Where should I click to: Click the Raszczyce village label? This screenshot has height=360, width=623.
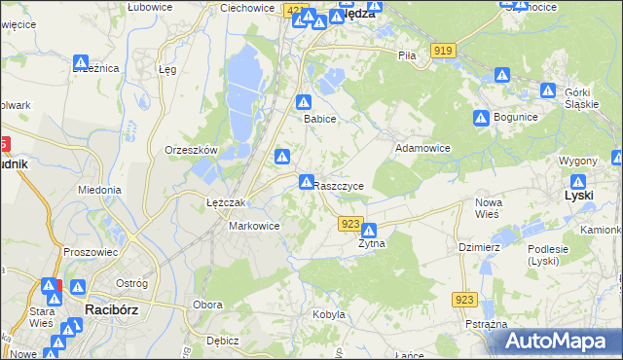coord(340,185)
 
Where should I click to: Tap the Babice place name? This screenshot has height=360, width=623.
coord(319,119)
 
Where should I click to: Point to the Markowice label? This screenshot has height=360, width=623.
coord(254,226)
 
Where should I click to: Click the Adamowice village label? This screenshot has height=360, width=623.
coord(422,149)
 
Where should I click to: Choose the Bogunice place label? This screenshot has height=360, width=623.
coord(516,117)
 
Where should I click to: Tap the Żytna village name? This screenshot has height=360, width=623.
coord(371,244)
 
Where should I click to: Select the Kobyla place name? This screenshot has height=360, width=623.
coord(328,314)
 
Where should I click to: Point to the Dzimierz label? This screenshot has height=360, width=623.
coord(479,247)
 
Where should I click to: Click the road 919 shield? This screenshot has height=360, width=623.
coord(445,51)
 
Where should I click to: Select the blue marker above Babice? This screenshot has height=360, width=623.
coord(305,101)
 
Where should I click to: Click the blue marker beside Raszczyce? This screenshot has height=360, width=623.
coord(306,182)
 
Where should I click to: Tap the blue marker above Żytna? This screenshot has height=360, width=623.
coord(369,231)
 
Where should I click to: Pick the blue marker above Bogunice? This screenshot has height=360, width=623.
coord(481,118)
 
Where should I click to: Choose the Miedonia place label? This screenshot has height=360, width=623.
coord(99,191)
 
